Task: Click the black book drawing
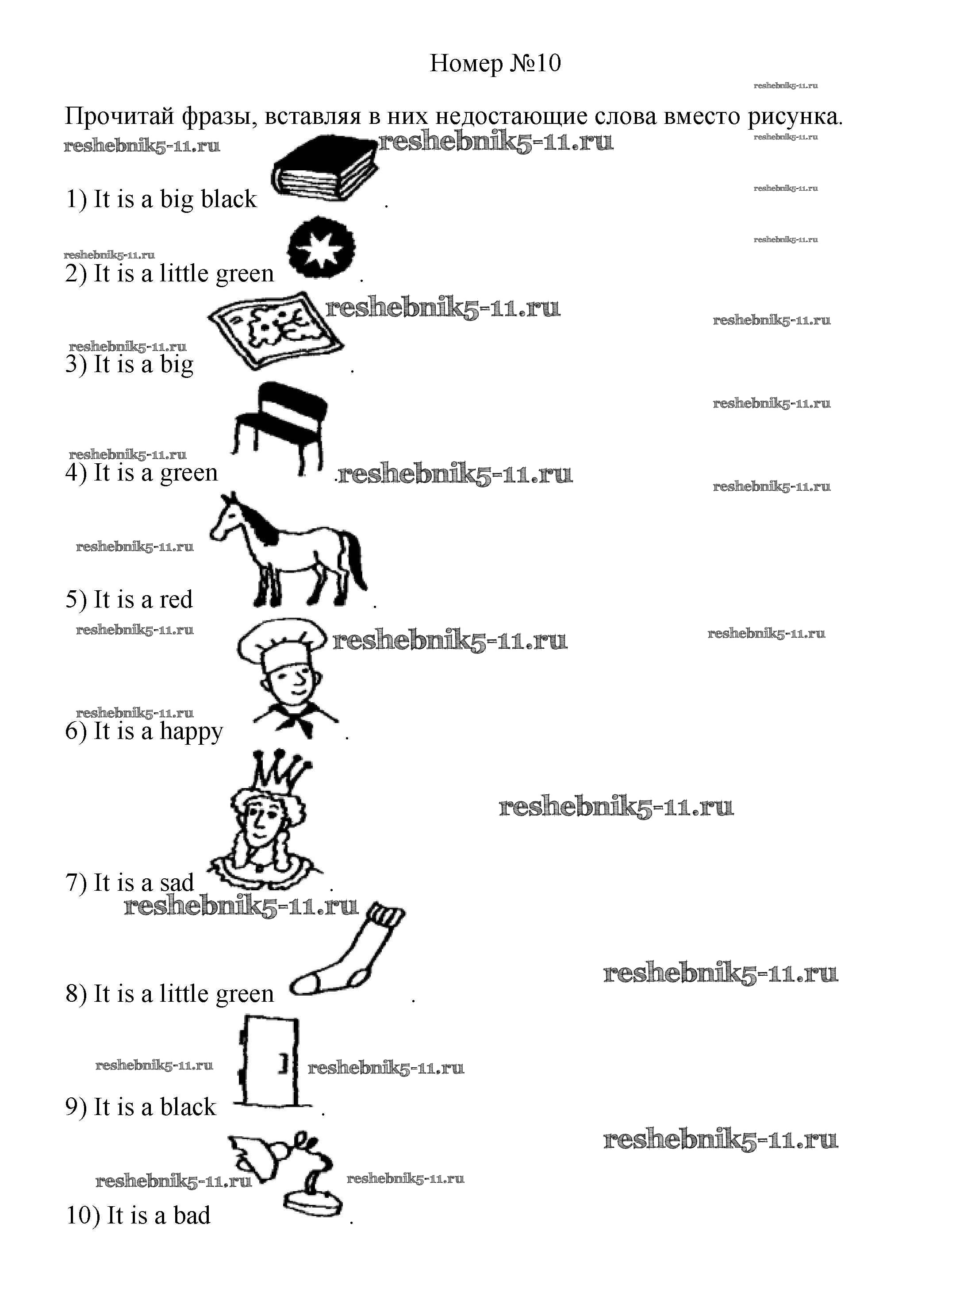tap(325, 169)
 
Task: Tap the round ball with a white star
tap(321, 248)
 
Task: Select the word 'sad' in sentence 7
tap(177, 883)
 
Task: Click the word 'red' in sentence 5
tap(175, 600)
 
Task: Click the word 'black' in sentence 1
tap(229, 199)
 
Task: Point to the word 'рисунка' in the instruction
tap(793, 117)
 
